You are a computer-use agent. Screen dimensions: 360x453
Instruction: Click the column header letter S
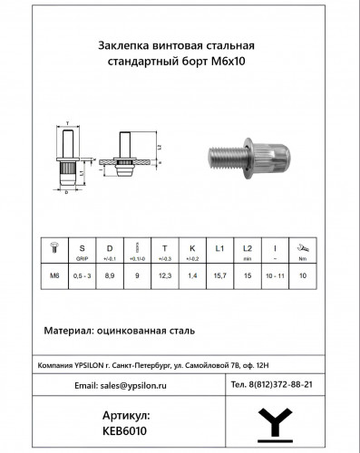tap(83, 247)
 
